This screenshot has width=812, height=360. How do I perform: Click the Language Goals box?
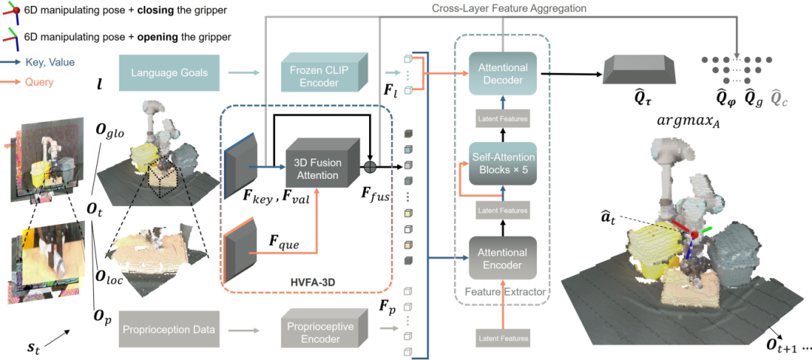168,73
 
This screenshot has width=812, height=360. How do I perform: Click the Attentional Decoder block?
504,73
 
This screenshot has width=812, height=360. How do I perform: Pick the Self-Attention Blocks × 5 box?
504,163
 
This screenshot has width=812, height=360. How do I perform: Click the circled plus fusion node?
371,166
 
